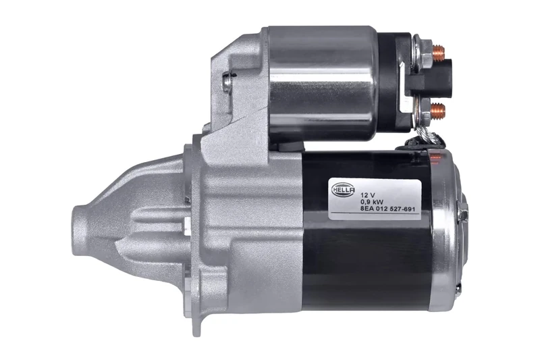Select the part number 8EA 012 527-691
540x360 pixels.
(x=388, y=209)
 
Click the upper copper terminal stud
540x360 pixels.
(x=438, y=50)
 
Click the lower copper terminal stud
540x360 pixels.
(x=438, y=107)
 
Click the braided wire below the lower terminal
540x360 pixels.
(x=425, y=138)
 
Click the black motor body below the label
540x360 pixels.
(x=364, y=263)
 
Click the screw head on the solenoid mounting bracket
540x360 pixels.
(x=227, y=82)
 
